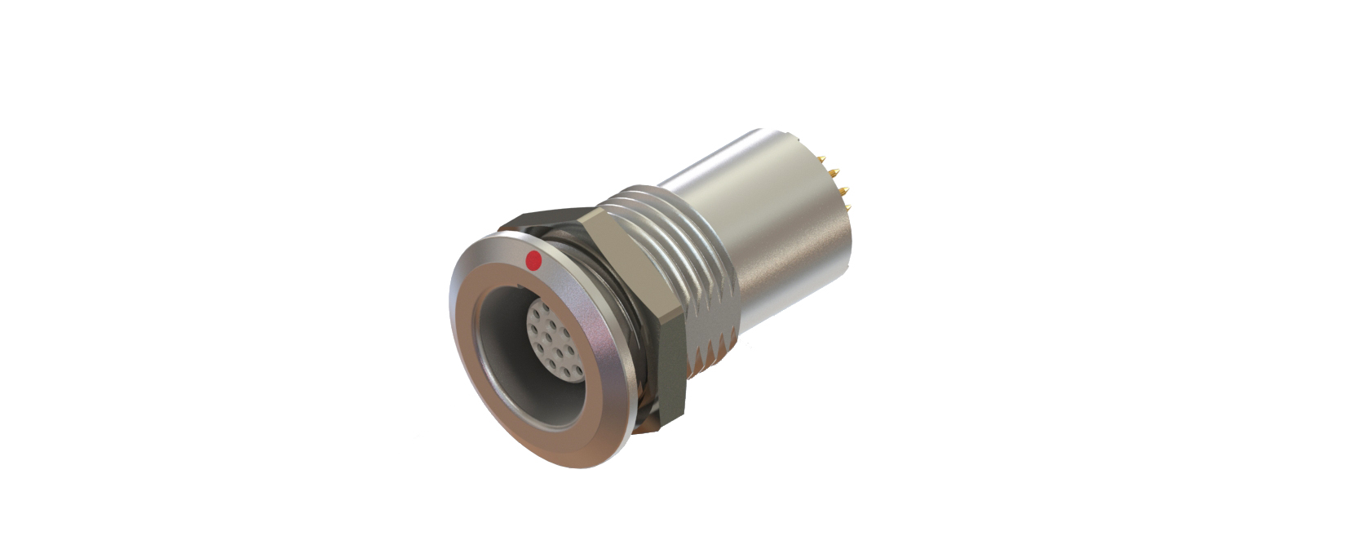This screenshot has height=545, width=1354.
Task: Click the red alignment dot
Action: tap(533, 261)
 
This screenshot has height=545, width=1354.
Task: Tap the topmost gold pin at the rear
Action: tap(821, 159)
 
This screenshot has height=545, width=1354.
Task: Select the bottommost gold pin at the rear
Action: tap(848, 207)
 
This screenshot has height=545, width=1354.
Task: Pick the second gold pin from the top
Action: tap(834, 172)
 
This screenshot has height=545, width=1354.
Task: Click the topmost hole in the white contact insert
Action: tap(546, 307)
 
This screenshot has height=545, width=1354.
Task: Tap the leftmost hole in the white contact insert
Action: tap(534, 328)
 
